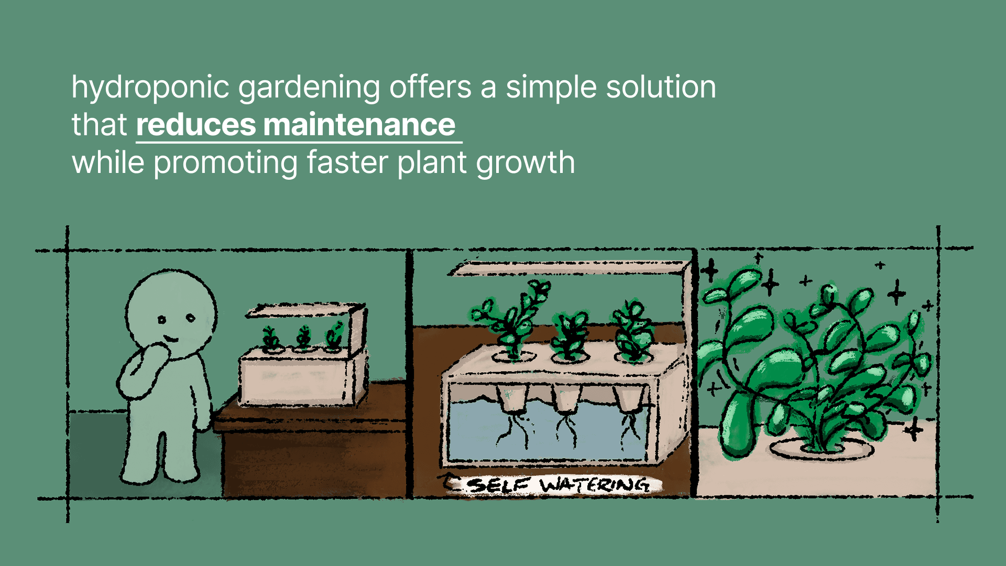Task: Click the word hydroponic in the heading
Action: pos(150,87)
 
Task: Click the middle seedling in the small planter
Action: pos(303,338)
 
